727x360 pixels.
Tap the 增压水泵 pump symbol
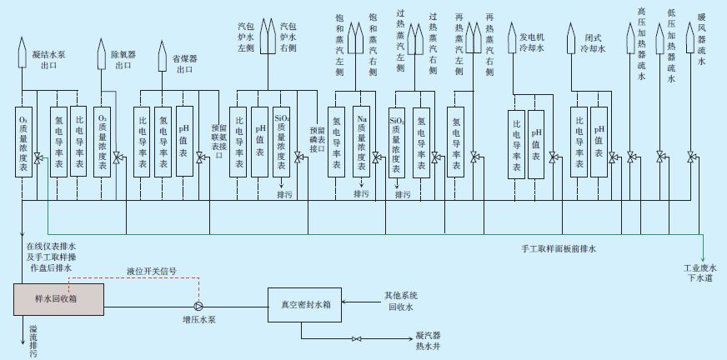(x=197, y=304)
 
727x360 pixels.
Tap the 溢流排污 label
(x=33, y=337)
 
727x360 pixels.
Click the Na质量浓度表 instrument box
(x=361, y=141)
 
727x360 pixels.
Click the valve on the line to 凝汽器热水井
(x=357, y=337)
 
